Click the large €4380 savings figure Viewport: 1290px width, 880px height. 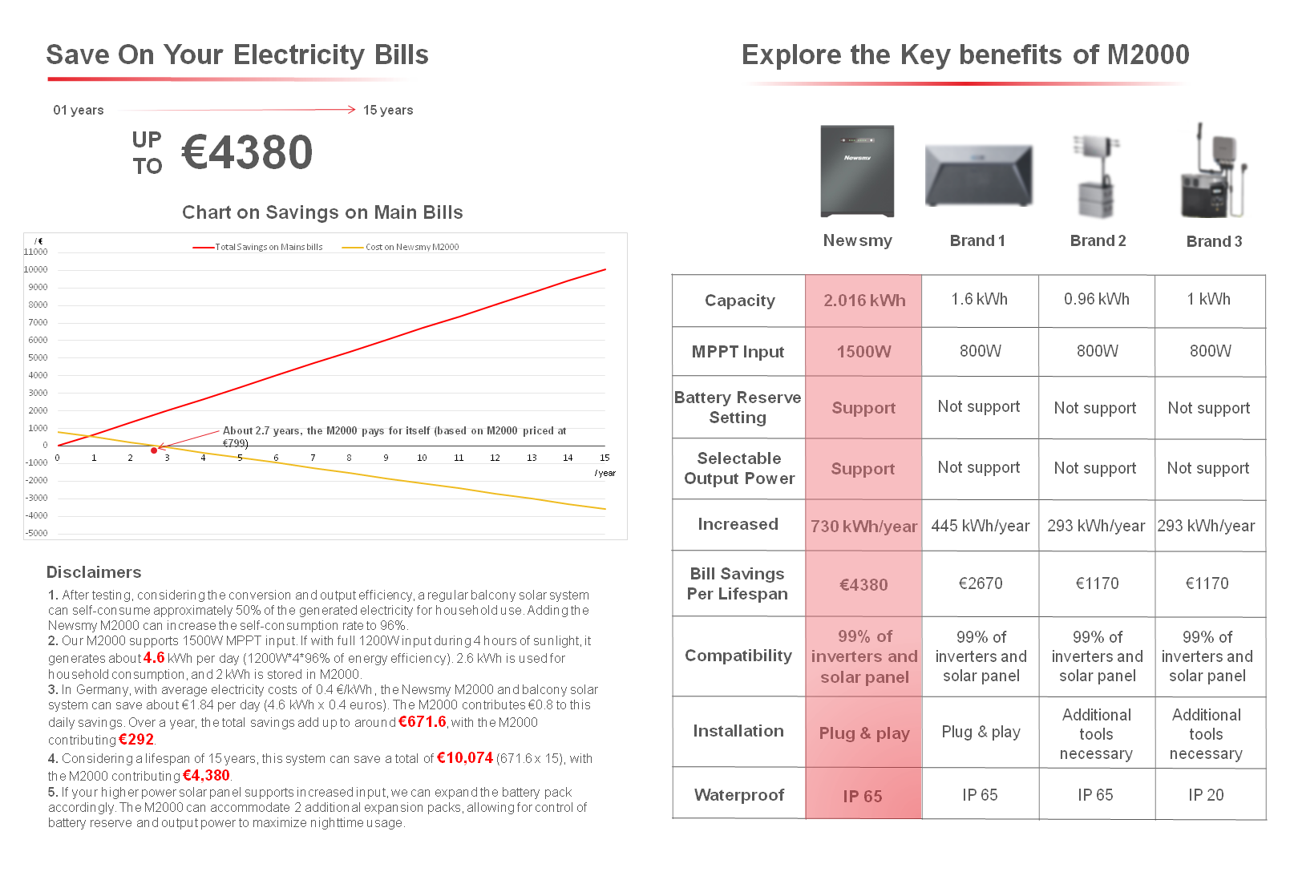pyautogui.click(x=247, y=152)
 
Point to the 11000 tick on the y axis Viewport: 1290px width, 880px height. pyautogui.click(x=36, y=252)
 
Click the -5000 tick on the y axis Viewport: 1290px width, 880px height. pyautogui.click(x=37, y=533)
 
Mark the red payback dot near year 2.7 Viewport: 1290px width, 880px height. pyautogui.click(x=154, y=450)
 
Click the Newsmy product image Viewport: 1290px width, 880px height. pyautogui.click(x=857, y=171)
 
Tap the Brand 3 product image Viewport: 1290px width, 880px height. pyautogui.click(x=1214, y=171)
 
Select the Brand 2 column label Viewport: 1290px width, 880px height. pyautogui.click(x=1098, y=240)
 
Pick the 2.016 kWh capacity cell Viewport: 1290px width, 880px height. pyautogui.click(x=864, y=301)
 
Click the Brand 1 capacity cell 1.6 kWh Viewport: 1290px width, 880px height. pyautogui.click(x=979, y=299)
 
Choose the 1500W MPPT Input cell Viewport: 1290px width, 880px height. pyautogui.click(x=863, y=352)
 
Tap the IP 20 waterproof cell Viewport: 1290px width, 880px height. pyautogui.click(x=1206, y=795)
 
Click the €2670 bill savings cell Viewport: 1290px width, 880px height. pyautogui.click(x=980, y=583)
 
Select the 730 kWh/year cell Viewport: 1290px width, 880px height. pyautogui.click(x=863, y=527)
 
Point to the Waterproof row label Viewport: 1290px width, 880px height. pyautogui.click(x=738, y=795)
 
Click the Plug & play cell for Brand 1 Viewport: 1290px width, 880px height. pyautogui.click(x=981, y=732)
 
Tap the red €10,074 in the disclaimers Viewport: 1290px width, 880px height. pyautogui.click(x=464, y=757)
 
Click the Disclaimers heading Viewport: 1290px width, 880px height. pyautogui.click(x=94, y=572)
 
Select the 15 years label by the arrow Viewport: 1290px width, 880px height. pyautogui.click(x=388, y=111)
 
